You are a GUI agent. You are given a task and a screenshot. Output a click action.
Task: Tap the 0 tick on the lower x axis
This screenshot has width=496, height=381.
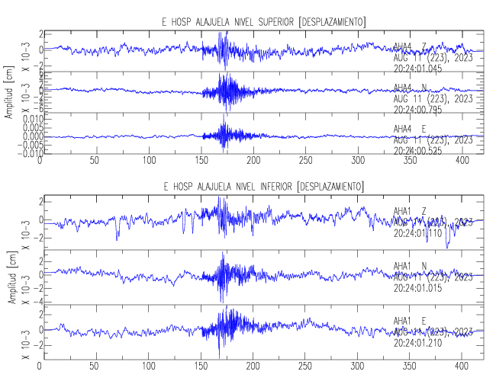pyautogui.click(x=41, y=365)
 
